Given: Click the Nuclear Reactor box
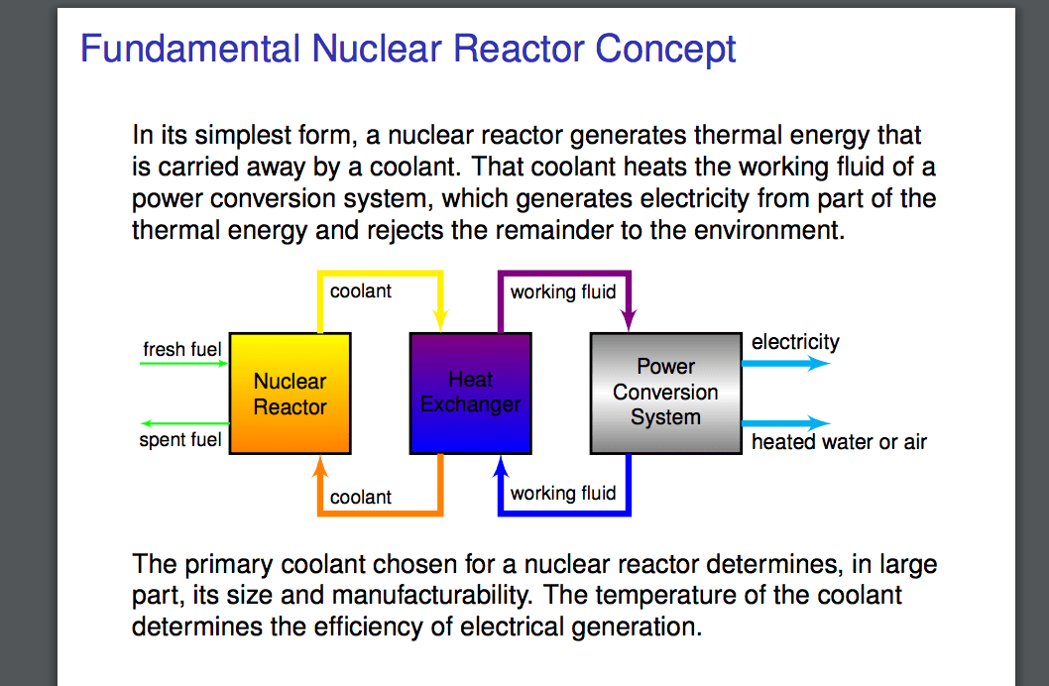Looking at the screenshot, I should [x=290, y=394].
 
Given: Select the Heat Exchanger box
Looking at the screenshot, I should [x=470, y=394].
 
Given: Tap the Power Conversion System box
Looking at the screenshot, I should [x=665, y=394].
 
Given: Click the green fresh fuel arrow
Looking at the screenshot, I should [x=184, y=364].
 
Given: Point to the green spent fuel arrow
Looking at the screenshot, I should [x=184, y=423].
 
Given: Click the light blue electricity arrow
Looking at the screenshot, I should [x=785, y=364].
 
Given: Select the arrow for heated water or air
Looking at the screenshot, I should [x=785, y=423].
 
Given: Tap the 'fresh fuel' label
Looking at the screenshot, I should [x=182, y=349].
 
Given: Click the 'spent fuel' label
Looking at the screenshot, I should [x=180, y=439].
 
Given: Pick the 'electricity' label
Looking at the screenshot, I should [x=795, y=342].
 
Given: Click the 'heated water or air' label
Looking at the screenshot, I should [x=839, y=442].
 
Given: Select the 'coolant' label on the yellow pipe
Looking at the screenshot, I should [x=361, y=290].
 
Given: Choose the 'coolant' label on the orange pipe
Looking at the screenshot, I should [x=361, y=497].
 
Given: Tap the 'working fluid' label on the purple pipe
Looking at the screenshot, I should [x=563, y=291].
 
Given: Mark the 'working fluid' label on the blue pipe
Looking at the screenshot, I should [x=563, y=493].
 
